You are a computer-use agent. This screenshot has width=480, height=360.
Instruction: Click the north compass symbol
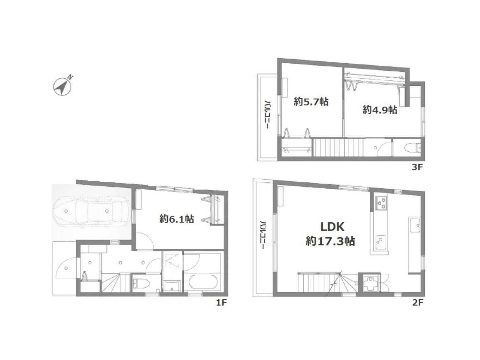[x=63, y=86]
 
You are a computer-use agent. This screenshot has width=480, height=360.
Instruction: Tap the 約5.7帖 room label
[x=311, y=102]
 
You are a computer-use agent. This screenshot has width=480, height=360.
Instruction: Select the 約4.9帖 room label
[x=380, y=110]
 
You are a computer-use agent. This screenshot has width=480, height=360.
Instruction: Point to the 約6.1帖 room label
[x=177, y=219]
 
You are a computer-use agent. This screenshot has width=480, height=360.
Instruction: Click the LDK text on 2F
[x=332, y=227]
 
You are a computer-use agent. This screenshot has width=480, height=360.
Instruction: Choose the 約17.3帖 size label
[x=330, y=242]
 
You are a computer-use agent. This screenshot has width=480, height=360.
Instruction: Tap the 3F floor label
[x=417, y=167]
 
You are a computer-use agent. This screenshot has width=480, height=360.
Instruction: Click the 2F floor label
[x=417, y=303]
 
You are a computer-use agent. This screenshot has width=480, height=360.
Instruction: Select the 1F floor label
[x=222, y=303]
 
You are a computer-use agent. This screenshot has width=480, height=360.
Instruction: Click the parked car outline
[x=91, y=212]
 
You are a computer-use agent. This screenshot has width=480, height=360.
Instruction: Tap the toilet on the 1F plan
[x=141, y=284]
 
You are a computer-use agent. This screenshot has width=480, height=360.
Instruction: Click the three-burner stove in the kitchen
[x=381, y=203]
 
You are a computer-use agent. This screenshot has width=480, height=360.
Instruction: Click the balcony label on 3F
[x=266, y=114]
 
